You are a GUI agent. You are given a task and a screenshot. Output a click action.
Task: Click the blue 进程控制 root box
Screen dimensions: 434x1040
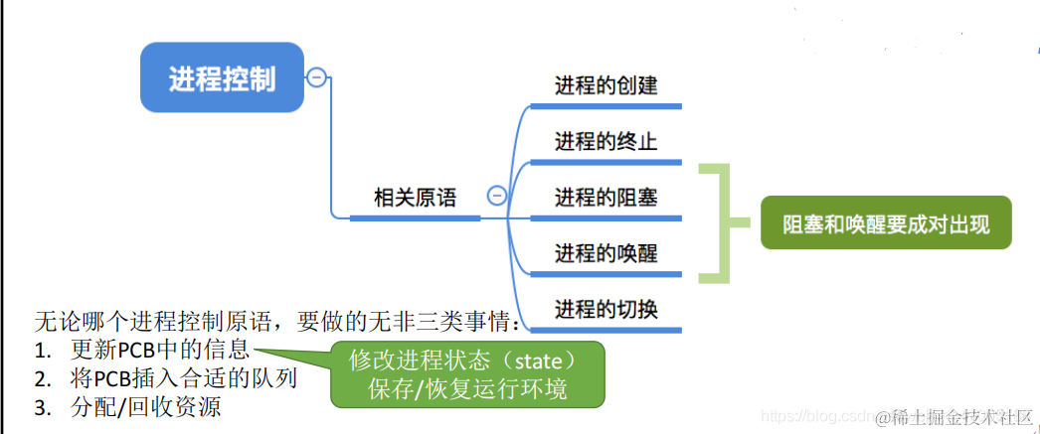(x=222, y=77)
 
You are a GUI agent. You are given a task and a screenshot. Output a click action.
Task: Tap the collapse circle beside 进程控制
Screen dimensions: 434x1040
(x=316, y=77)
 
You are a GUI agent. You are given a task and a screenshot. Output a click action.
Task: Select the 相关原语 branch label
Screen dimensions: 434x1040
(x=415, y=198)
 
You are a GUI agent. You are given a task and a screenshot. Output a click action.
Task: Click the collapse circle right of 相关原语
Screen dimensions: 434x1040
(x=496, y=197)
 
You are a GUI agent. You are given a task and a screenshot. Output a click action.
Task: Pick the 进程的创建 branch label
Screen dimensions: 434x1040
(x=606, y=86)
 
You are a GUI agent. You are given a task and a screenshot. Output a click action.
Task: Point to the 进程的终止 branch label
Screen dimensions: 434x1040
(x=606, y=142)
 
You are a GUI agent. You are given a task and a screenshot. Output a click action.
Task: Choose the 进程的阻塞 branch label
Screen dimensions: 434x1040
(x=606, y=198)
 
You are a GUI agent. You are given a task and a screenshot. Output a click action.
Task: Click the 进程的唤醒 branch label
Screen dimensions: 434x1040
(x=606, y=253)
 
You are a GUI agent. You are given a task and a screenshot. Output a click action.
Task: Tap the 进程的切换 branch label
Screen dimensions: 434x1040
(x=606, y=309)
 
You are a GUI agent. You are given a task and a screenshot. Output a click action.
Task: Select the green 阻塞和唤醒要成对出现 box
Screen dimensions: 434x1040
(x=886, y=222)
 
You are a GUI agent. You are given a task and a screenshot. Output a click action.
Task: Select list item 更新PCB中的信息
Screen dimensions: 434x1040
(x=160, y=350)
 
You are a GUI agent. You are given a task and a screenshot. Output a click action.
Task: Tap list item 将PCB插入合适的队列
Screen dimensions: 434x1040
(x=184, y=378)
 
